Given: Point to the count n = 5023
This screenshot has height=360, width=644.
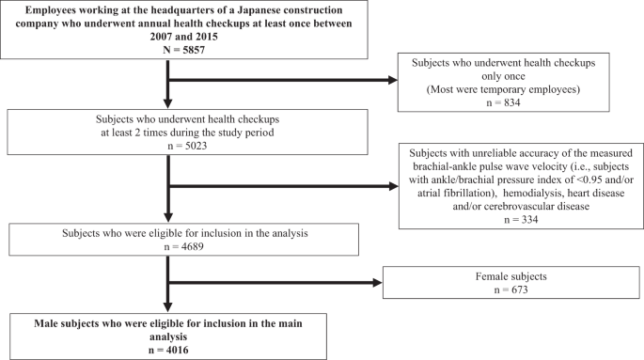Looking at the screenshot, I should click(168, 150).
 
